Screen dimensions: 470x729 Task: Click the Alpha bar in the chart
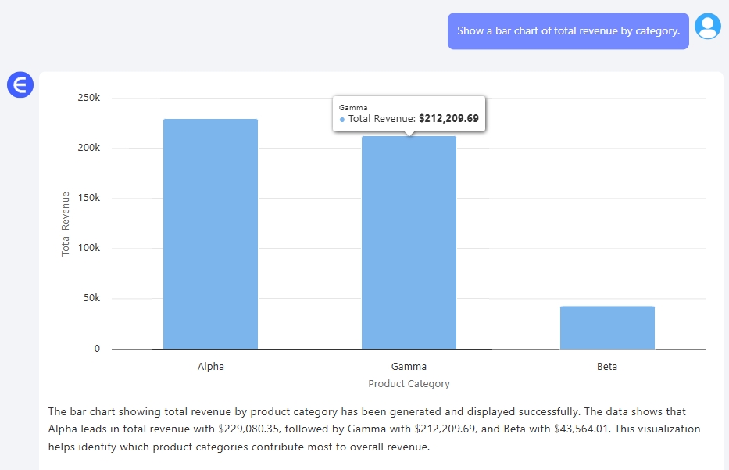pos(210,234)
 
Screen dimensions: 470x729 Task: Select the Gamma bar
pos(409,242)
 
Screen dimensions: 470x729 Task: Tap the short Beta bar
pos(607,328)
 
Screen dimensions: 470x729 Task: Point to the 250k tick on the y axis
pos(88,98)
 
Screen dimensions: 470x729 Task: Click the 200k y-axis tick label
pos(88,148)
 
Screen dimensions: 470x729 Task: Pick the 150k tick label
pos(88,198)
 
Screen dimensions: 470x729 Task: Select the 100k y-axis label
pos(88,248)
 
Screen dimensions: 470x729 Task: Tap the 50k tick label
pos(91,298)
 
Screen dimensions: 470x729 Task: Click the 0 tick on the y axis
pos(97,349)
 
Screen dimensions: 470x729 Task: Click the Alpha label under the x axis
pos(210,366)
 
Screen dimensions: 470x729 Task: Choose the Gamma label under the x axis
pos(409,366)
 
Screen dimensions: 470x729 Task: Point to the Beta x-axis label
pos(607,366)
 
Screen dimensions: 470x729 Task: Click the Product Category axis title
pos(409,384)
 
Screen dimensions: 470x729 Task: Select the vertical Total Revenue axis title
pos(66,224)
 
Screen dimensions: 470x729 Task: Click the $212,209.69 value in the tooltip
pos(448,119)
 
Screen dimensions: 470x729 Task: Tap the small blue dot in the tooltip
pos(342,120)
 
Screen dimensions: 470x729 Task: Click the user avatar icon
pos(708,27)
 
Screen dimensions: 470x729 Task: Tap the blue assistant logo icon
pos(20,84)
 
